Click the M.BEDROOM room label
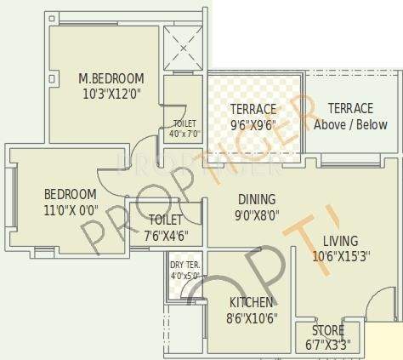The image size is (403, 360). pos(111,79)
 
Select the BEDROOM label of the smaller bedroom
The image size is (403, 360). pos(70,193)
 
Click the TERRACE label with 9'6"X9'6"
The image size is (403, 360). pos(253,109)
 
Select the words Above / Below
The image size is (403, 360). pos(350,124)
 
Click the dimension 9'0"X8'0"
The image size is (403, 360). pos(256,215)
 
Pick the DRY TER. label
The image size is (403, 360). pos(184,265)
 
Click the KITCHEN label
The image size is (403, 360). pos(251,303)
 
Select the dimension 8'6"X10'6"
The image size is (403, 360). pos(251,318)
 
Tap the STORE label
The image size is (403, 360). pos(327,330)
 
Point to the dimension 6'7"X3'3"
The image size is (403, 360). pos(327,345)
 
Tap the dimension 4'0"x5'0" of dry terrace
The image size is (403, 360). pos(184,275)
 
